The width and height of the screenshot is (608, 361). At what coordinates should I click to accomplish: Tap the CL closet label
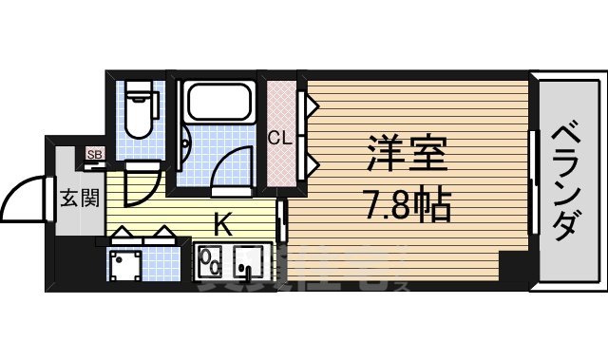tap(279, 138)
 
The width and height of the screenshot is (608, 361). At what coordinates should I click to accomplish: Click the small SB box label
tap(94, 155)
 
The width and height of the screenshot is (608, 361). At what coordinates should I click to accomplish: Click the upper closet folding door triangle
tap(308, 103)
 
